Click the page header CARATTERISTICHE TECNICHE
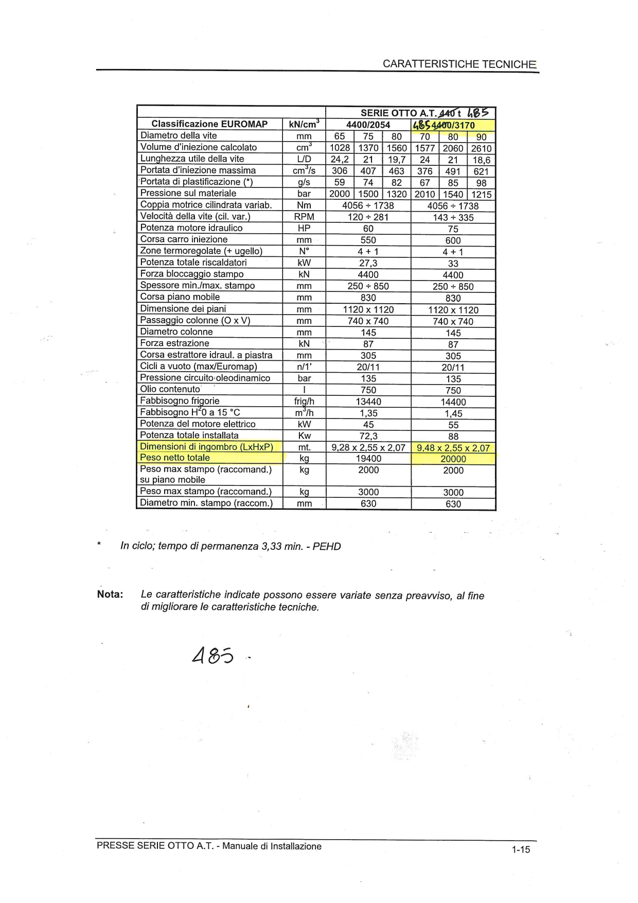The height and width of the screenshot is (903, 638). coord(459,64)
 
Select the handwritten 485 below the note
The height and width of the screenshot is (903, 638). coord(213,655)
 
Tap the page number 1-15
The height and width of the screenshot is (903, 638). coord(520,849)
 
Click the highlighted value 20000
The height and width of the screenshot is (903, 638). coord(453,459)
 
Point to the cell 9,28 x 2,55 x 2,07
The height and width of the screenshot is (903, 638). coord(368,447)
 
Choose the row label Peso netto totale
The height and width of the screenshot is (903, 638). coord(175,458)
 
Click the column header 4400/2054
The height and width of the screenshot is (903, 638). coord(368,125)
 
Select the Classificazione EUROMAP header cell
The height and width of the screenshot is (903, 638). coord(209,124)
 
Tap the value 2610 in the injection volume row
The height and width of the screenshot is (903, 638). coord(481,148)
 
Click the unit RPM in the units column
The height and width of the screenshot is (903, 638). coord(304,217)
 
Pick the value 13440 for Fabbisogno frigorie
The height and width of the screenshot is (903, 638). coord(368,402)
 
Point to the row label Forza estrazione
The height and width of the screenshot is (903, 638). coord(175,343)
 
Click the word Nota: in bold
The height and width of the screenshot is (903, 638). coord(110,595)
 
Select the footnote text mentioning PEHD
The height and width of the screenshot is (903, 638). coord(231,546)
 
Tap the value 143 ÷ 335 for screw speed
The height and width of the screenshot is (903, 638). coord(453,217)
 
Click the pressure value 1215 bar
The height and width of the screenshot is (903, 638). coord(481,195)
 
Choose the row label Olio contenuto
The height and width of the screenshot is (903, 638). coord(170,389)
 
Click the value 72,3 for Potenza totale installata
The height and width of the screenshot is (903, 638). coord(368,436)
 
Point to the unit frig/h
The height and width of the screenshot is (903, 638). coord(304,402)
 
